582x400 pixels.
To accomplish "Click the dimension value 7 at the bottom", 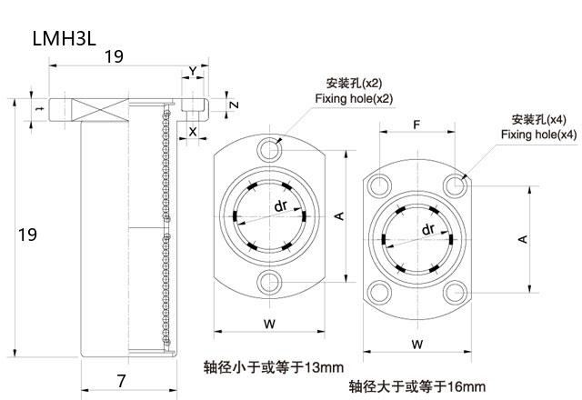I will coord(121,380).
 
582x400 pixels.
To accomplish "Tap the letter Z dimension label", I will coord(235,105).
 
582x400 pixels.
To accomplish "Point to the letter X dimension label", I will coord(193,131).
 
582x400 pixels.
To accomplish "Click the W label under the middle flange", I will coord(269,323).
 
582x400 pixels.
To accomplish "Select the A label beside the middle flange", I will coord(337,215).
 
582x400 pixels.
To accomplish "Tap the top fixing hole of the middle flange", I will coord(268,148).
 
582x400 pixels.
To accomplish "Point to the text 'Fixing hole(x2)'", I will coord(354,98).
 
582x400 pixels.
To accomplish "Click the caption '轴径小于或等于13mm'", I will coord(274,367).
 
